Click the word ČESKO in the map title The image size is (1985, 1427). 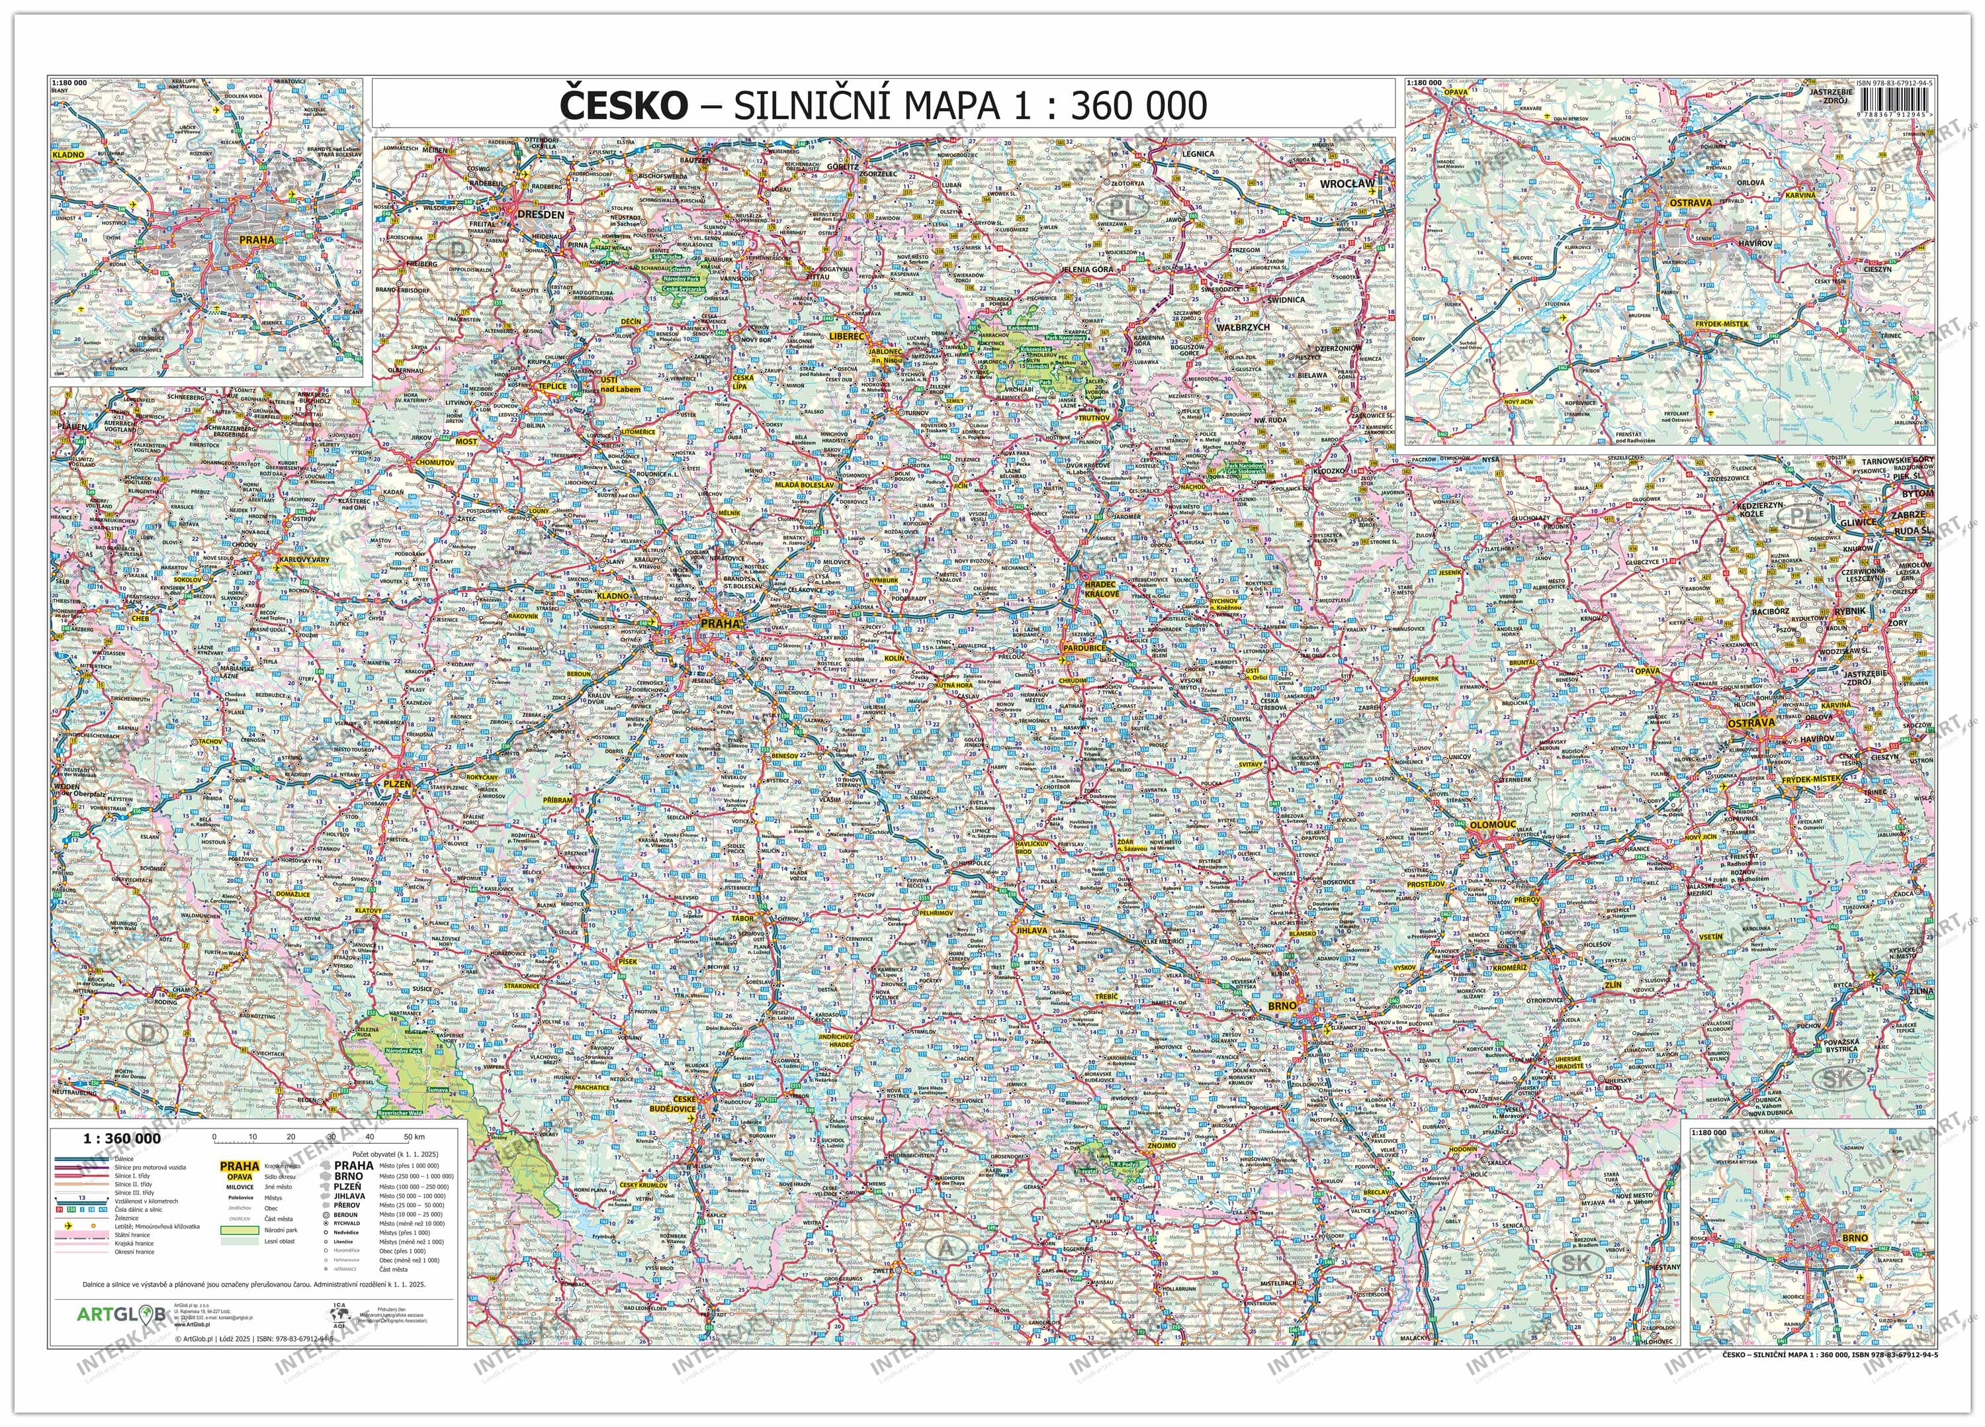click(x=622, y=106)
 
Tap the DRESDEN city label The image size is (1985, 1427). click(x=540, y=214)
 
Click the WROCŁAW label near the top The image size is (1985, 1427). click(x=1348, y=185)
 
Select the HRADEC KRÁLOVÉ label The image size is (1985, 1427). click(x=1102, y=588)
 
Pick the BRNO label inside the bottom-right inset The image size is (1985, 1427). click(x=1855, y=1238)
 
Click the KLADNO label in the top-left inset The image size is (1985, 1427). click(x=69, y=155)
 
